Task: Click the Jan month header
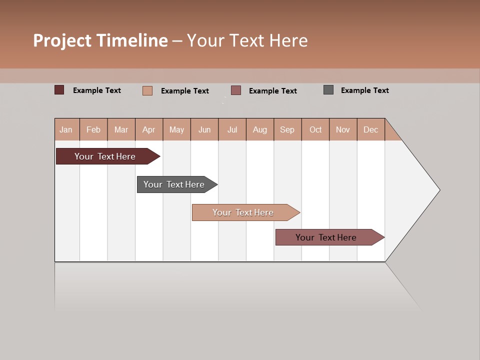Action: [66, 129]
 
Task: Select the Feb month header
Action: [93, 129]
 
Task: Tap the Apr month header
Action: [149, 129]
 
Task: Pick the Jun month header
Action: [204, 129]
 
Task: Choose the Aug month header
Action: [260, 129]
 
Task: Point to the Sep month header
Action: [287, 129]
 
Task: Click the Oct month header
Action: [315, 129]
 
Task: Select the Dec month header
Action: [371, 129]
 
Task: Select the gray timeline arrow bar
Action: [175, 184]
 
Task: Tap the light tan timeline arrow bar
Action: [244, 212]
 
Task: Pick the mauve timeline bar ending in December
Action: [327, 237]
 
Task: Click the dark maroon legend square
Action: [59, 90]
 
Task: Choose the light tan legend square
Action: [147, 90]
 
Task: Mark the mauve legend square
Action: [236, 90]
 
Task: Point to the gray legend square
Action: [328, 90]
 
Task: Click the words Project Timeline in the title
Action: [100, 40]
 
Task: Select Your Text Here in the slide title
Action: [247, 40]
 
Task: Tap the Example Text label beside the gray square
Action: [364, 90]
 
